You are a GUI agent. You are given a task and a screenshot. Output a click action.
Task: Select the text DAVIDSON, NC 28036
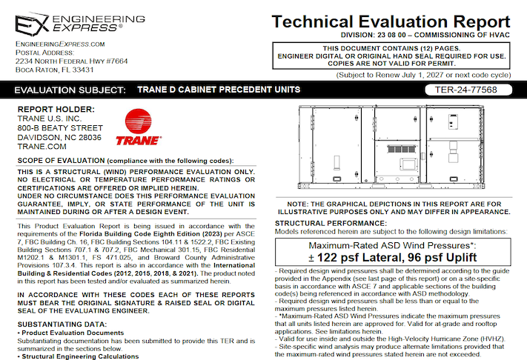[x=59, y=137]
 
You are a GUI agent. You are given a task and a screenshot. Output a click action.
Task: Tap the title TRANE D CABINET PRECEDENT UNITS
[x=219, y=90]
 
